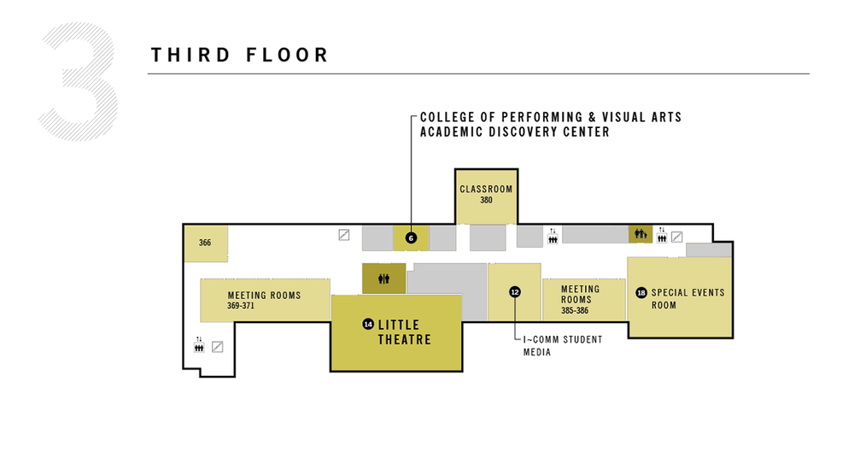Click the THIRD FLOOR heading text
coord(240,56)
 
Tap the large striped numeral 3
coord(79,82)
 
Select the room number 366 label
coord(205,243)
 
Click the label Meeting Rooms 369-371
coord(264,300)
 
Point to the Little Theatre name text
coord(405,332)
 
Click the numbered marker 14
coord(368,324)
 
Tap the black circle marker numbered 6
coord(411,238)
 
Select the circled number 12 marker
coord(514,291)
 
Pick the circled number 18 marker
coord(641,293)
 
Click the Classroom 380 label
coord(486,194)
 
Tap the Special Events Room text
coord(687,298)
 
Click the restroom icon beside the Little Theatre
coord(383,279)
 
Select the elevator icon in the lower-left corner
coord(199,345)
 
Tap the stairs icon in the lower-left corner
coord(217,347)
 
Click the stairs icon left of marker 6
coord(344,234)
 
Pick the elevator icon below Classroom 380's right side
coord(553,236)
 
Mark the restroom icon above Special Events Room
coord(640,233)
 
